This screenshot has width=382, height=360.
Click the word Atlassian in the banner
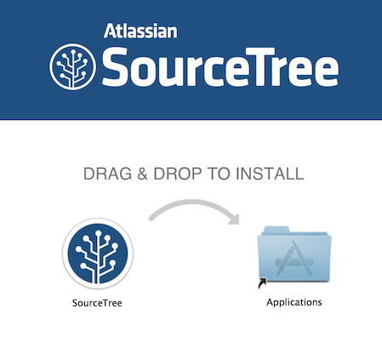click(140, 31)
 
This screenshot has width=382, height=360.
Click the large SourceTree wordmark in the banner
click(220, 67)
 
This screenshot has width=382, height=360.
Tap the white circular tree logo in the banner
click(72, 67)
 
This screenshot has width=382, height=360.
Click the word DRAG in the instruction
click(107, 174)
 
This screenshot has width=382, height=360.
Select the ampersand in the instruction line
click(142, 174)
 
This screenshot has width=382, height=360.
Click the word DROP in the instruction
click(178, 174)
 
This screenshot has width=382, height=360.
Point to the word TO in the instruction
click(219, 174)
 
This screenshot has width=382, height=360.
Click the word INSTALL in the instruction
click(270, 174)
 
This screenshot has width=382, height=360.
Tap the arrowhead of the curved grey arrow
click(235, 220)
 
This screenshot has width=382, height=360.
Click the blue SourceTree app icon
click(98, 254)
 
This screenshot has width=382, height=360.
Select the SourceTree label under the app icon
click(97, 303)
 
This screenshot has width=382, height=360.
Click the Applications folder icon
click(294, 254)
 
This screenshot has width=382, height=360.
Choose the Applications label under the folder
click(294, 302)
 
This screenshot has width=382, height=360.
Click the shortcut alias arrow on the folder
click(262, 283)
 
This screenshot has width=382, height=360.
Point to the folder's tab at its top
click(276, 230)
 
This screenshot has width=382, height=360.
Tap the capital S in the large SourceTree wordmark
click(114, 67)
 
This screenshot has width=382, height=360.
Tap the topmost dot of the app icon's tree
click(98, 233)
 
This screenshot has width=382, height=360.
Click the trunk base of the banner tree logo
click(72, 84)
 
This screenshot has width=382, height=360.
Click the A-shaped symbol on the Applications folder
click(294, 260)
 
